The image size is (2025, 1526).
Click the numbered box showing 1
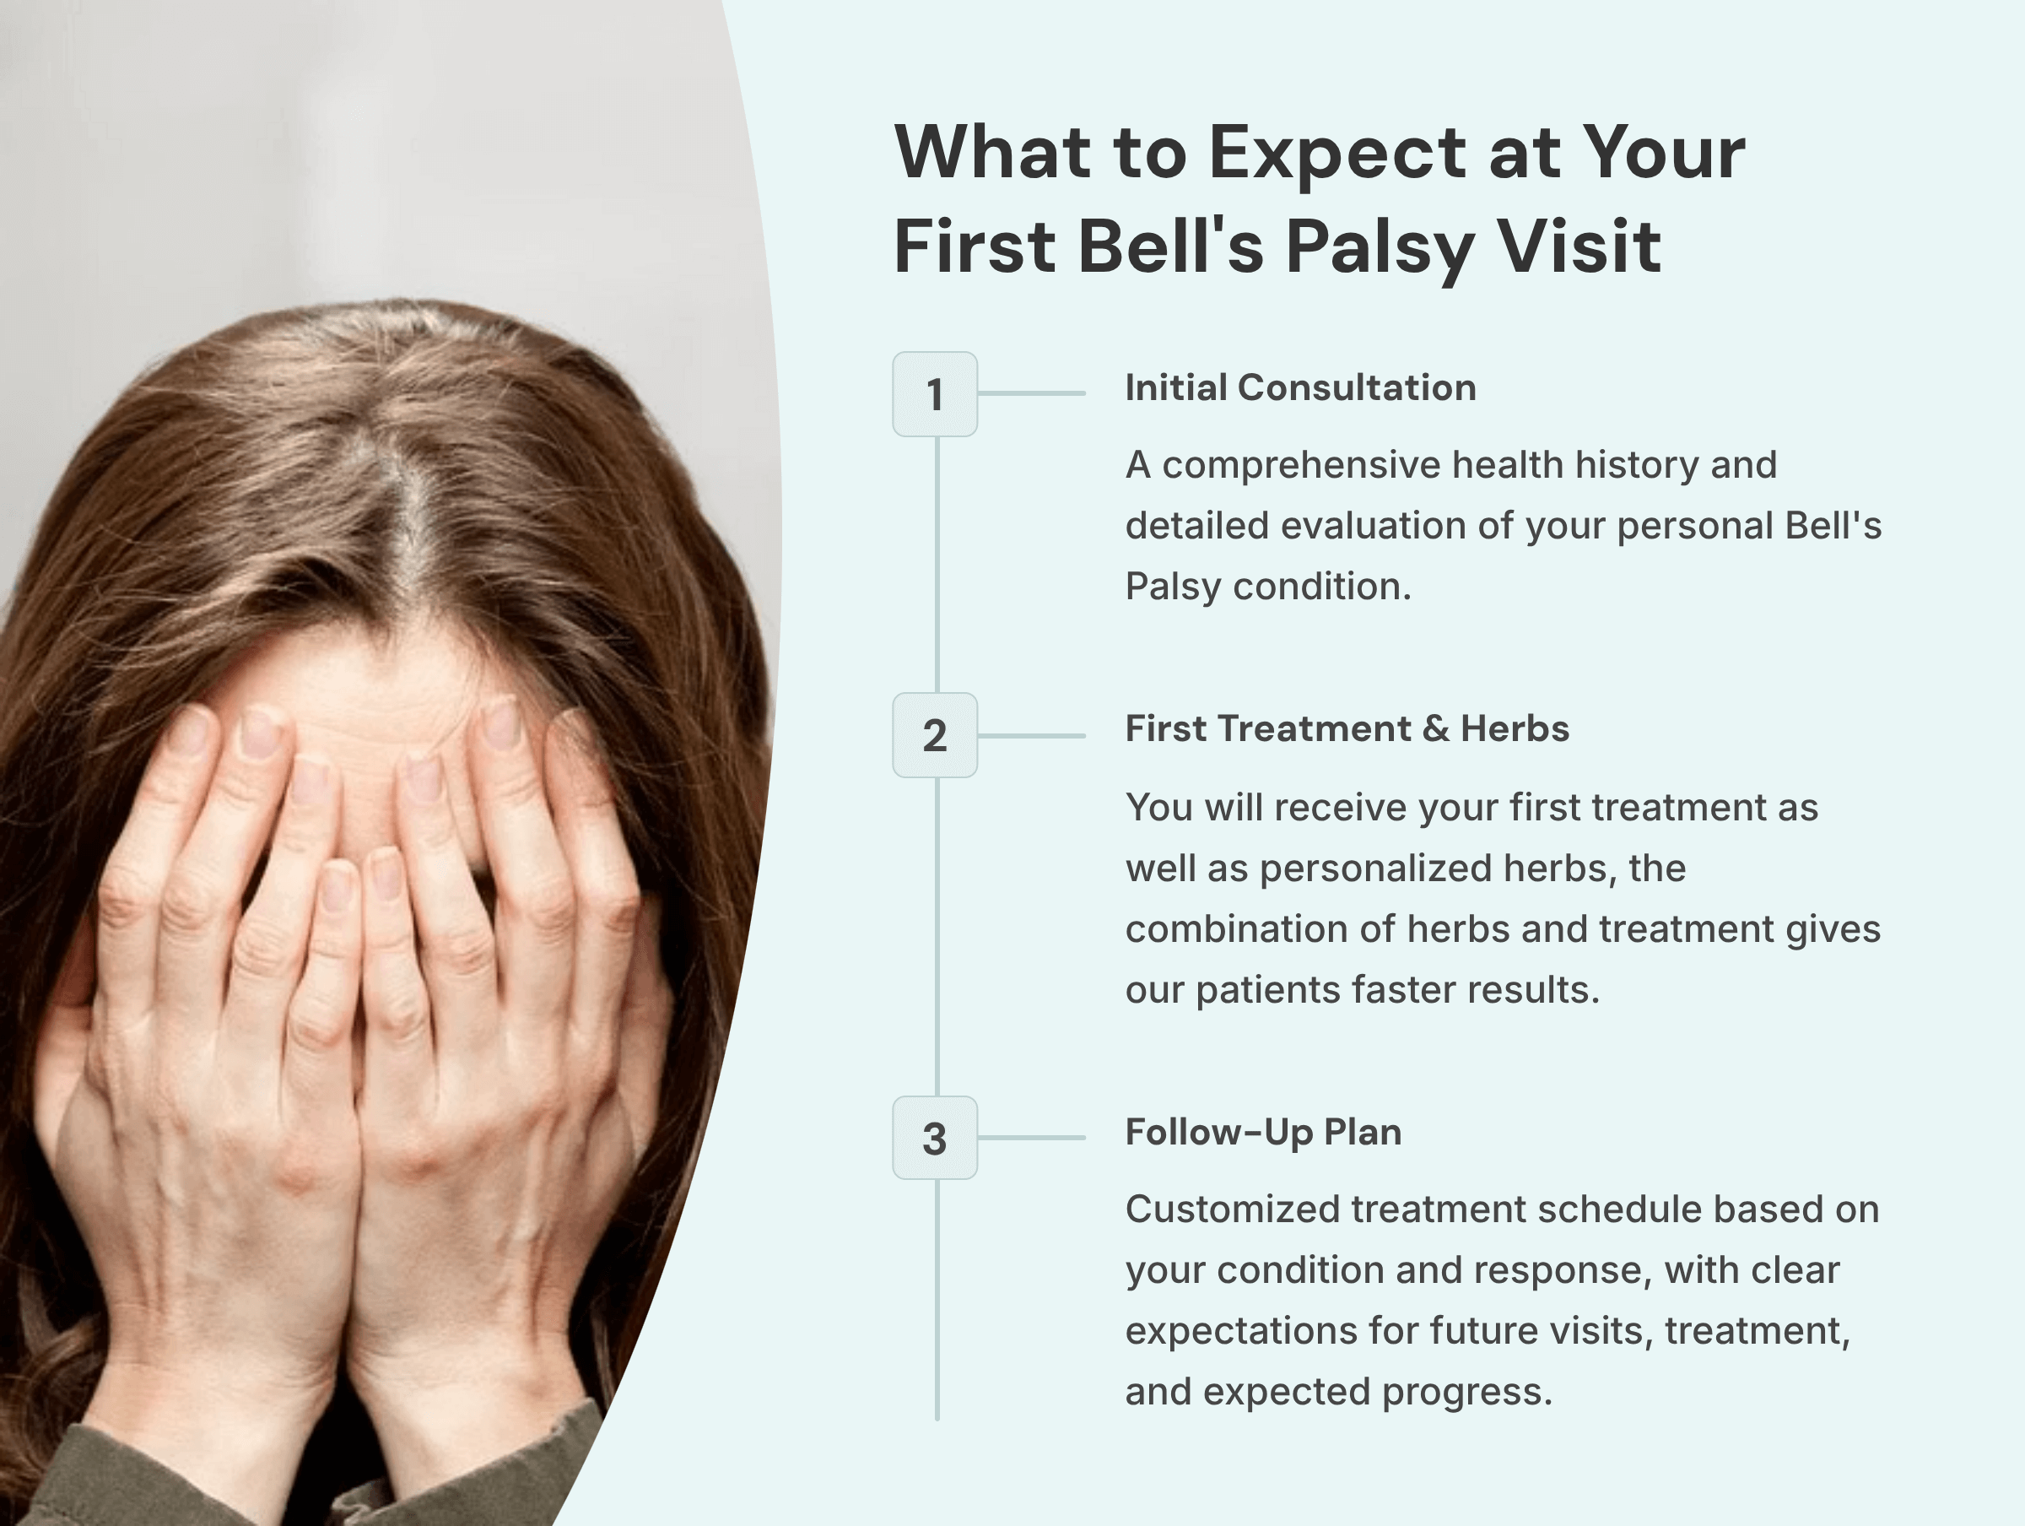pos(935,394)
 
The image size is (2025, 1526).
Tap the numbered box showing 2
pos(935,735)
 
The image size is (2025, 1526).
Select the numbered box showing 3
pos(935,1138)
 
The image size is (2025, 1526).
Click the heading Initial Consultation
pos(1300,387)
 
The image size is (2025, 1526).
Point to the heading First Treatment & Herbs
pos(1347,729)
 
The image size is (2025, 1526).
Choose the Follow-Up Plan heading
pos(1262,1132)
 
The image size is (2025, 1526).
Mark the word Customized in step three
pos(1231,1210)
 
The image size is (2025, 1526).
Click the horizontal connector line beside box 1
pos(1032,393)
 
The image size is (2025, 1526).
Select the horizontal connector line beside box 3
pos(1032,1138)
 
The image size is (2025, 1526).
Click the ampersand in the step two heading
pos(1435,729)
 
